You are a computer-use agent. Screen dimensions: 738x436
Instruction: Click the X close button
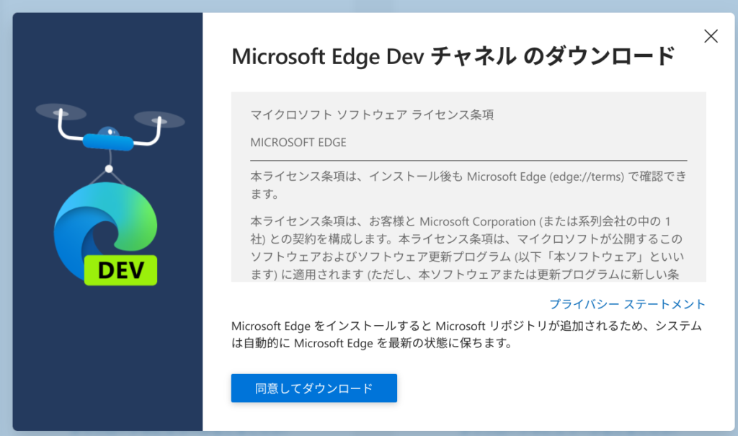(x=711, y=36)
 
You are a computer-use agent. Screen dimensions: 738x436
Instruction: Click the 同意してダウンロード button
(x=314, y=388)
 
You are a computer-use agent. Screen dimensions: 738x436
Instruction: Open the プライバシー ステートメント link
(x=628, y=304)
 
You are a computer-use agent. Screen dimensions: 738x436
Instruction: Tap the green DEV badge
(x=120, y=270)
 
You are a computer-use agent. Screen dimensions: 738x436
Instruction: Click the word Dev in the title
(x=405, y=56)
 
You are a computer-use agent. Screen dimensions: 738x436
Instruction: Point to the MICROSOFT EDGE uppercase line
(x=298, y=142)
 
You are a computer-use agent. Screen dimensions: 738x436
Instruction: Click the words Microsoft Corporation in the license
(x=478, y=221)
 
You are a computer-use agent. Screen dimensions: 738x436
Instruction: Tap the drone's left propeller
(x=61, y=112)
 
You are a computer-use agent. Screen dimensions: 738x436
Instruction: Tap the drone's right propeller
(x=159, y=120)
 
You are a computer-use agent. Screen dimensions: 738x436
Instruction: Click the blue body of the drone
(x=108, y=141)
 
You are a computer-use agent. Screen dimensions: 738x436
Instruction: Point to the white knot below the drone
(x=109, y=169)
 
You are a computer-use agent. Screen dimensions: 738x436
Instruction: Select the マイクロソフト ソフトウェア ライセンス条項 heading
(x=373, y=115)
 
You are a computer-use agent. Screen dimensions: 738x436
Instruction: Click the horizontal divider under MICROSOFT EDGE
(x=468, y=161)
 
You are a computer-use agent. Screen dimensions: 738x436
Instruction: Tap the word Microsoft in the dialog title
(x=278, y=56)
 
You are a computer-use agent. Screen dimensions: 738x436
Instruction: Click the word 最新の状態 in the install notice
(x=419, y=343)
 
